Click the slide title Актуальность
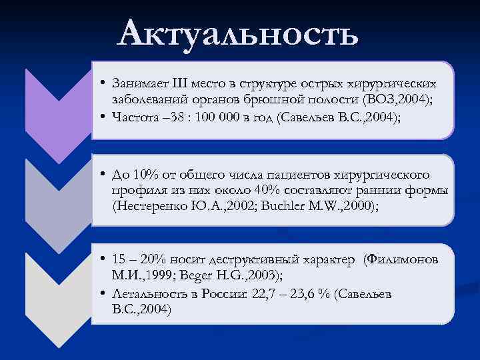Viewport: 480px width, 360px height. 237,33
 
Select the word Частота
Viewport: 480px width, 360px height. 135,118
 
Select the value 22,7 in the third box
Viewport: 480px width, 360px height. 265,294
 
